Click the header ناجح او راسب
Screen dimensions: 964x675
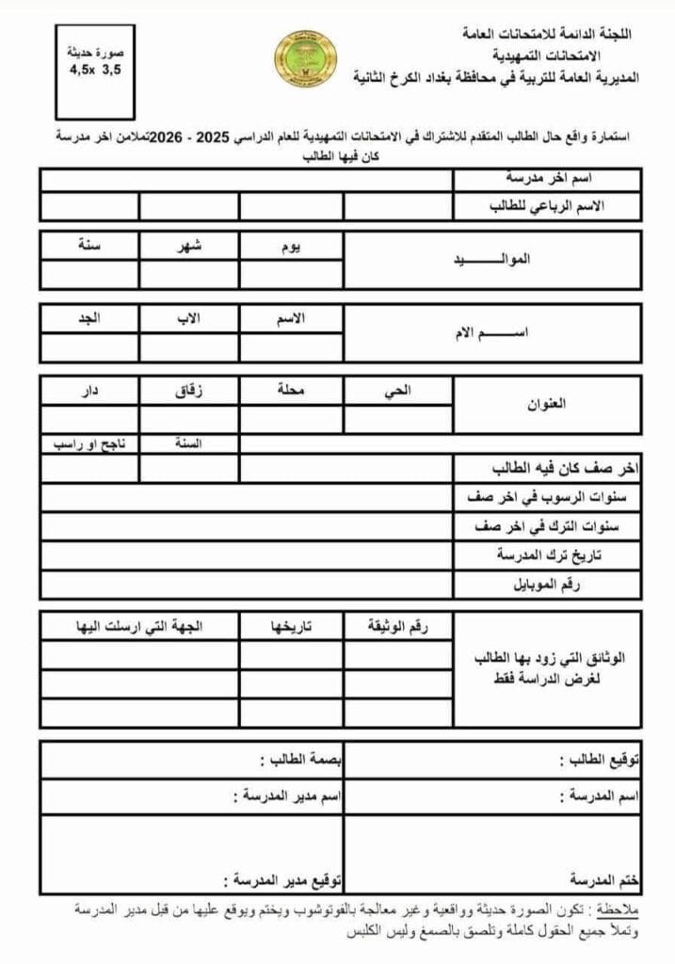coord(90,442)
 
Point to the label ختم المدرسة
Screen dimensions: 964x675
coord(604,880)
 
